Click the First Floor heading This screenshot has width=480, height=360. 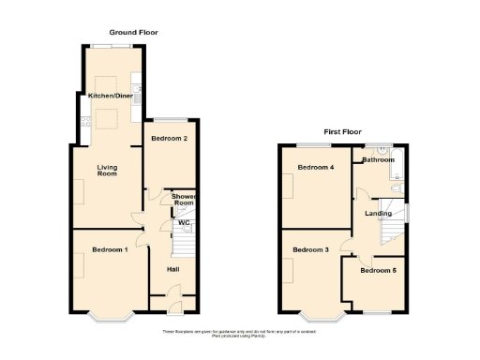point(342,132)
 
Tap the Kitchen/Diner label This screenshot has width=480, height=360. point(109,96)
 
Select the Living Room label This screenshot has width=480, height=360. point(108,171)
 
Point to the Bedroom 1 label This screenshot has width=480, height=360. point(110,248)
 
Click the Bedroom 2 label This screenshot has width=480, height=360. point(170,139)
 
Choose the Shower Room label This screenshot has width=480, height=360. point(184,200)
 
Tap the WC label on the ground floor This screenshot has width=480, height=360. point(184,223)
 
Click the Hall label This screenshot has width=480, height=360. point(173,270)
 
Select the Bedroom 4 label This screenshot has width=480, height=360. point(316,168)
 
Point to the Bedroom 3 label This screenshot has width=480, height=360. point(310,250)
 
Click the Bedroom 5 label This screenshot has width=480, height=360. point(378,271)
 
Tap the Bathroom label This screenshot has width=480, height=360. point(379,159)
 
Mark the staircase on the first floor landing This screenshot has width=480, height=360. point(391,210)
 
